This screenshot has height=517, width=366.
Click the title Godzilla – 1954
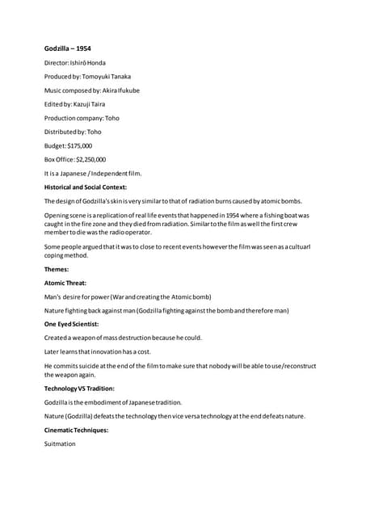coord(67,48)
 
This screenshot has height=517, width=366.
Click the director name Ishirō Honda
coord(90,62)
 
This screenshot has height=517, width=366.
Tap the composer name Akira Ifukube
coord(118,90)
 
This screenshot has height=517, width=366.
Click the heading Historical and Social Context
coord(86,187)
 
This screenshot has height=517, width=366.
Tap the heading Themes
coord(57,269)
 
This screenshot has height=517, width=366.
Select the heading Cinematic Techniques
coord(76,430)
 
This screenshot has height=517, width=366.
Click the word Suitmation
coord(60,443)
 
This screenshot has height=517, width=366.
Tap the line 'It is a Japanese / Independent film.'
coord(92,173)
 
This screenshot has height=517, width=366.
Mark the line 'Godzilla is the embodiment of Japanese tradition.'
coord(113,402)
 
